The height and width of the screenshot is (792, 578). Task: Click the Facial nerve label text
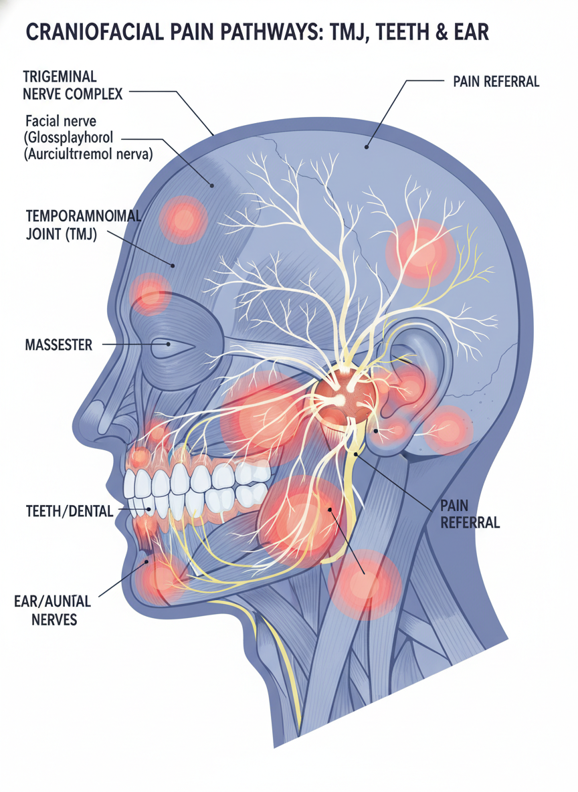[61, 122]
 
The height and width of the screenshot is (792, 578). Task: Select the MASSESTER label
[54, 345]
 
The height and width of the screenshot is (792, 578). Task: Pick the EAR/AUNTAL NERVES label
[53, 609]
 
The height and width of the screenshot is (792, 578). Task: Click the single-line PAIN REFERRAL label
[496, 82]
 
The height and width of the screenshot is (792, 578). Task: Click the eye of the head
[167, 346]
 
